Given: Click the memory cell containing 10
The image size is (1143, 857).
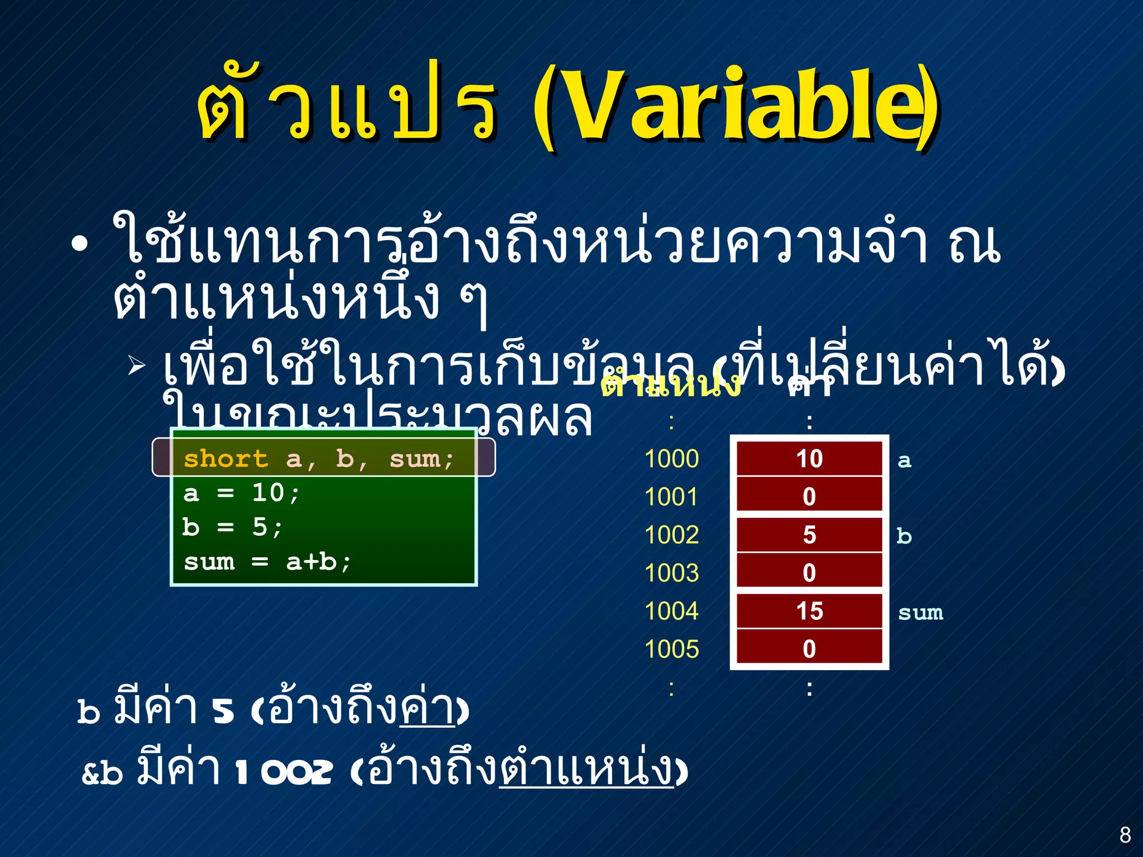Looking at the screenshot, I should (809, 459).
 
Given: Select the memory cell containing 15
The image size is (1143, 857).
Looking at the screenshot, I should (809, 611).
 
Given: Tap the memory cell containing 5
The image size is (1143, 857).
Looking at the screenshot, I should (809, 535).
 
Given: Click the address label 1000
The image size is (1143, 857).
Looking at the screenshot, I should (671, 459).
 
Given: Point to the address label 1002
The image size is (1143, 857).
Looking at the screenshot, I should (671, 535).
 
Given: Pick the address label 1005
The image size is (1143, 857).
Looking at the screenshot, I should (671, 649).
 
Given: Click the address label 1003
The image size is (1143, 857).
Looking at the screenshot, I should (671, 573).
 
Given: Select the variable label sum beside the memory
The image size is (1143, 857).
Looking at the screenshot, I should (920, 613).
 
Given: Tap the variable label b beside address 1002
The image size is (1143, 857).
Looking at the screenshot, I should (904, 536).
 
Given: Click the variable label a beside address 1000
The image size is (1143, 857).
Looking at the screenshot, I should (904, 461).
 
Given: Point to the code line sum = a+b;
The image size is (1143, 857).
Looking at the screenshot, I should (267, 562).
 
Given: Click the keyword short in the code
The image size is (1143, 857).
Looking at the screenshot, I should (226, 459).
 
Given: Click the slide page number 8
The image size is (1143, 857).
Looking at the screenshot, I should (1125, 835).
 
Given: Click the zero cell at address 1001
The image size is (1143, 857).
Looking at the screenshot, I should (809, 497).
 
